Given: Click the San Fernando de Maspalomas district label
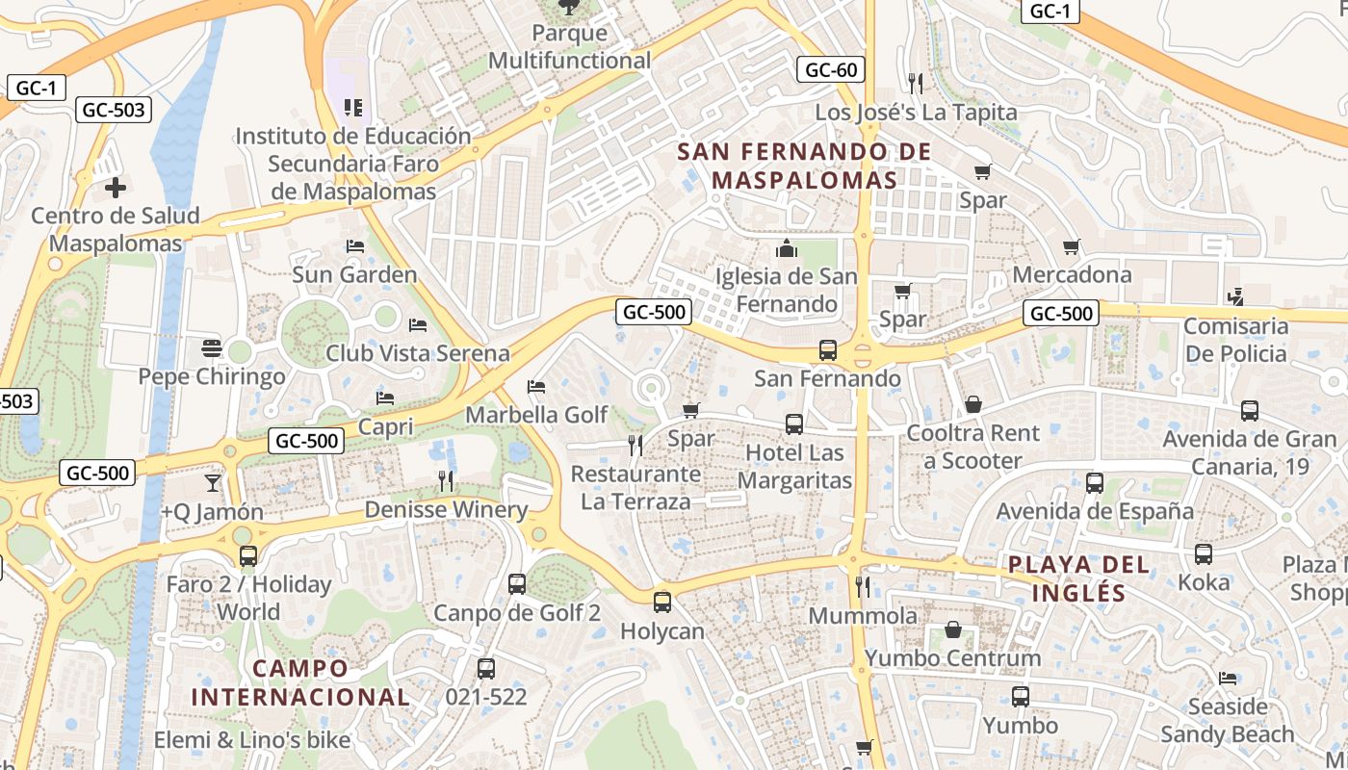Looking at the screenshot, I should click(804, 166).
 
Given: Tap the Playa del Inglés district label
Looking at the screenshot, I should click(1078, 578).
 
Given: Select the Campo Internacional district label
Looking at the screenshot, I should click(300, 682).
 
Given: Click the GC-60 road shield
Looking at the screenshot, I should click(831, 69).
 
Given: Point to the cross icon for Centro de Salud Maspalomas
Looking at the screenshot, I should click(116, 187).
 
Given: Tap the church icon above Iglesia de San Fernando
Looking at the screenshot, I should click(787, 249).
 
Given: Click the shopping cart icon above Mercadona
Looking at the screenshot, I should click(1072, 247).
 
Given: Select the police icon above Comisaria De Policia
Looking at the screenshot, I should click(1235, 297).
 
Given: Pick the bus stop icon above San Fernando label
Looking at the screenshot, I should click(827, 350).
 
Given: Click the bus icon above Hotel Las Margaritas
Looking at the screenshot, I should click(794, 424).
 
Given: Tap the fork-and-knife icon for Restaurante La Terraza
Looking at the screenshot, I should click(635, 445).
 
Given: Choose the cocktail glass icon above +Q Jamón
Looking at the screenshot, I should click(212, 482).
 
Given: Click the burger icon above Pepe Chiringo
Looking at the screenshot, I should click(212, 347).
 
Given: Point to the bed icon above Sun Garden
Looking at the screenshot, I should click(355, 246).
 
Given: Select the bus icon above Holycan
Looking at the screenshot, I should click(662, 603).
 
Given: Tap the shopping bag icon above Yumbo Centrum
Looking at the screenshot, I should click(953, 629).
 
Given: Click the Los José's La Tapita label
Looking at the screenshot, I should click(916, 113).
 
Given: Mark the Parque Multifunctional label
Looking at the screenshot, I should click(570, 46).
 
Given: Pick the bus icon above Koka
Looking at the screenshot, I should click(1204, 554).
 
